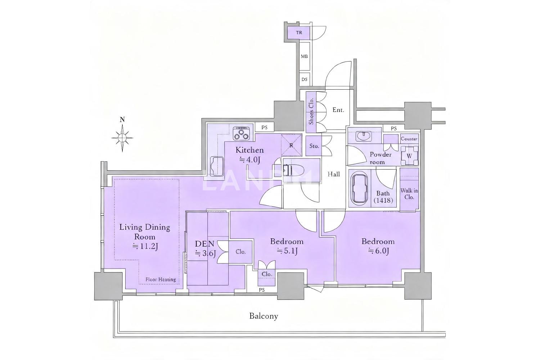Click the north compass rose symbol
[122, 138]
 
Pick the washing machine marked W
[409, 156]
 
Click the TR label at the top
[299, 32]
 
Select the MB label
[304, 57]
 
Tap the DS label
[305, 79]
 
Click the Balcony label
[264, 316]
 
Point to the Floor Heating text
[161, 279]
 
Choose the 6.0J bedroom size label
[378, 251]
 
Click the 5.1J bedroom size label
[287, 251]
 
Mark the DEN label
[204, 244]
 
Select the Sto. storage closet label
[314, 146]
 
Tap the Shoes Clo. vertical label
[311, 111]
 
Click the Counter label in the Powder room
[409, 139]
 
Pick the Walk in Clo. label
[409, 194]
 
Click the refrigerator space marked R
[291, 145]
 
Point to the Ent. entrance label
[338, 110]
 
